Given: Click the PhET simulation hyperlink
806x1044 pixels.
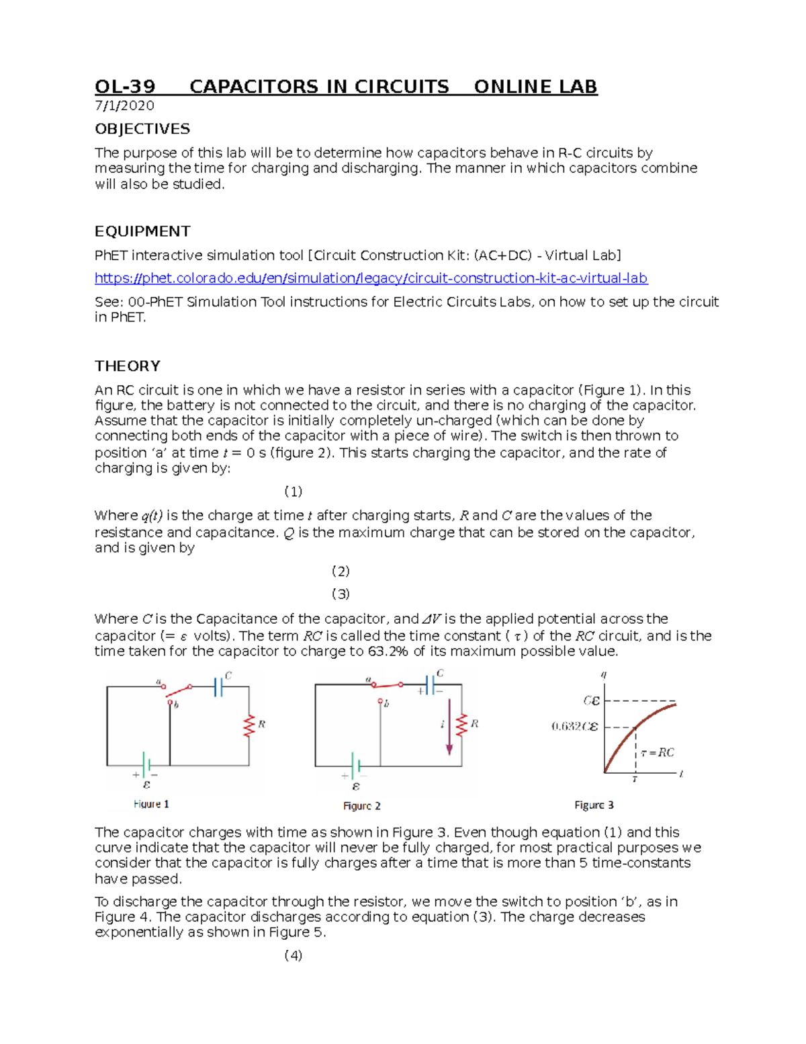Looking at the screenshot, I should (371, 278).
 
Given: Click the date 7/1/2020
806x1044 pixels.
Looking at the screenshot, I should (124, 106).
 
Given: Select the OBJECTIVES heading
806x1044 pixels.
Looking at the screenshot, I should (142, 129).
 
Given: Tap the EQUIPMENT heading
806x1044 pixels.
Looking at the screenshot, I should (142, 231).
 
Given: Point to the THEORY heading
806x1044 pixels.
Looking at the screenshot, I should (128, 366).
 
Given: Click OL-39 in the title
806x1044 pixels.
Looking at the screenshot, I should (125, 87).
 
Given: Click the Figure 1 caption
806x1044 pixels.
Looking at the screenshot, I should (151, 804).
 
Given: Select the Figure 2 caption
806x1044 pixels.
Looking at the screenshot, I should (361, 805).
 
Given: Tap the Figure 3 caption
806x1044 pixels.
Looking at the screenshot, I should (594, 805).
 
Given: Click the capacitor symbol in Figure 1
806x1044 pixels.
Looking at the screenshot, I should (218, 686).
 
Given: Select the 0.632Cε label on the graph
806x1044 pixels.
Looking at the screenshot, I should (574, 727).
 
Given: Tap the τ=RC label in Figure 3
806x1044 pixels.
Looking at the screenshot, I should (657, 752).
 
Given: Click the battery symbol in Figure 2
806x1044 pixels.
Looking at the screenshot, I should (356, 766).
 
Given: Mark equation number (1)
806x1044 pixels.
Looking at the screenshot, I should (294, 491).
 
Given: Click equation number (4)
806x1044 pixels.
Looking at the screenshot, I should (294, 955).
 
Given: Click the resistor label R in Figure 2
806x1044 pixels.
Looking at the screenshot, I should (474, 723).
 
